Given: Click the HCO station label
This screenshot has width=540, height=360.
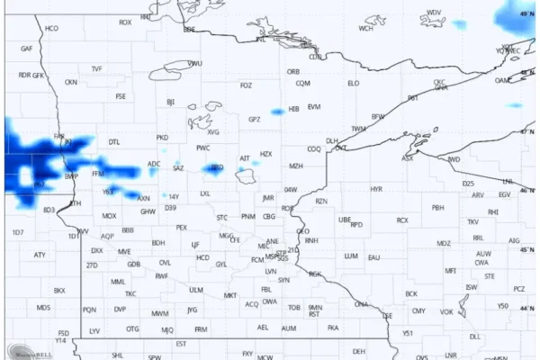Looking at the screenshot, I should click(52, 29).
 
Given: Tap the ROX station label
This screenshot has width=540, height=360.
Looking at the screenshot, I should click(125, 22).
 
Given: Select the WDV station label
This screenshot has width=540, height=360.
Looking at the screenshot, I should click(435, 13).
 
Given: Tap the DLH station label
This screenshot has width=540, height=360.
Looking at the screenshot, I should click(332, 141).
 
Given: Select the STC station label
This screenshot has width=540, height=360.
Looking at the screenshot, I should click(222, 218).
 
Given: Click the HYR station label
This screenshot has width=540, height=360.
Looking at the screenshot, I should click(376, 189).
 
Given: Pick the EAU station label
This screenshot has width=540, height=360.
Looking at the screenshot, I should click(373, 257).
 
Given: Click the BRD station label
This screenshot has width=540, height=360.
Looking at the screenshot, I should click(216, 167).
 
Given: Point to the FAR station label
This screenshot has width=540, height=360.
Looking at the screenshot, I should click(59, 137).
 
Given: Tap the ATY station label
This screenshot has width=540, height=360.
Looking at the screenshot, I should click(40, 255).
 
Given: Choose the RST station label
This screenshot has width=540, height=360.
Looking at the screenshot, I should click(314, 314).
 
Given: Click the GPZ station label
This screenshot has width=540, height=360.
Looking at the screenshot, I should click(255, 119).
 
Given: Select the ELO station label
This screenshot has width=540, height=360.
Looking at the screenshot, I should click(353, 83).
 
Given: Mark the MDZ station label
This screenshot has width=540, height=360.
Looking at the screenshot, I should click(444, 243).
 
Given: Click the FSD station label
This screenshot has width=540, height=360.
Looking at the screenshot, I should click(64, 332).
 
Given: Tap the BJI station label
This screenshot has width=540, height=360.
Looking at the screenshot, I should click(170, 102).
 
